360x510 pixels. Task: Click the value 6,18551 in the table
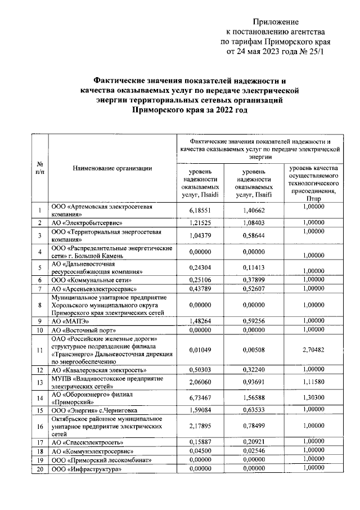tap(200, 211)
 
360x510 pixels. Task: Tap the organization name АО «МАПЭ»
tap(69, 321)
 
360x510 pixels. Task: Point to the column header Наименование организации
tap(112, 167)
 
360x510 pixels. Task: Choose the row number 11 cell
tap(39, 350)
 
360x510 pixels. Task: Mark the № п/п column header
tap(39, 167)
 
